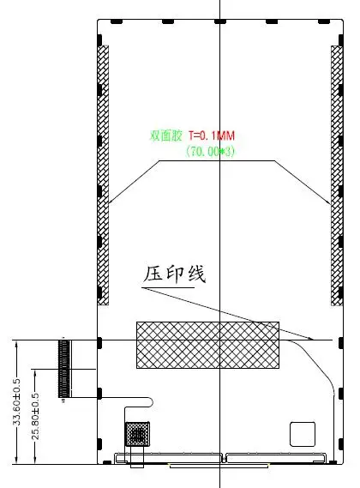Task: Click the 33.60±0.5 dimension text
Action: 16,402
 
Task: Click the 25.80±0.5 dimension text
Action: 35,416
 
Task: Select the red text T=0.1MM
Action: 211,136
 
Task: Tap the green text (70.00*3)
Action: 210,152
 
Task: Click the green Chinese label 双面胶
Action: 165,136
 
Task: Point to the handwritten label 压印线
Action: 175,274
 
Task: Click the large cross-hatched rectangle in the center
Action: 207,345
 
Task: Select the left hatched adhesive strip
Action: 104,175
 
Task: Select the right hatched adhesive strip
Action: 337,176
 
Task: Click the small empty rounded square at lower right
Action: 303,434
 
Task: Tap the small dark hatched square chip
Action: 137,434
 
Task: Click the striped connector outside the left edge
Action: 64,369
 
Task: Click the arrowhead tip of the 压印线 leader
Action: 314,340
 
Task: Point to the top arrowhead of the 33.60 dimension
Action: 16,340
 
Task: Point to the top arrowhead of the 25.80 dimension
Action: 35,370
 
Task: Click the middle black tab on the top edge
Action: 220,21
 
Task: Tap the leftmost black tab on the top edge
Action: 117,21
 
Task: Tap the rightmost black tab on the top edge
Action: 324,21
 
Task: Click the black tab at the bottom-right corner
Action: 333,462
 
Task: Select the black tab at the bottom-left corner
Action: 107,462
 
